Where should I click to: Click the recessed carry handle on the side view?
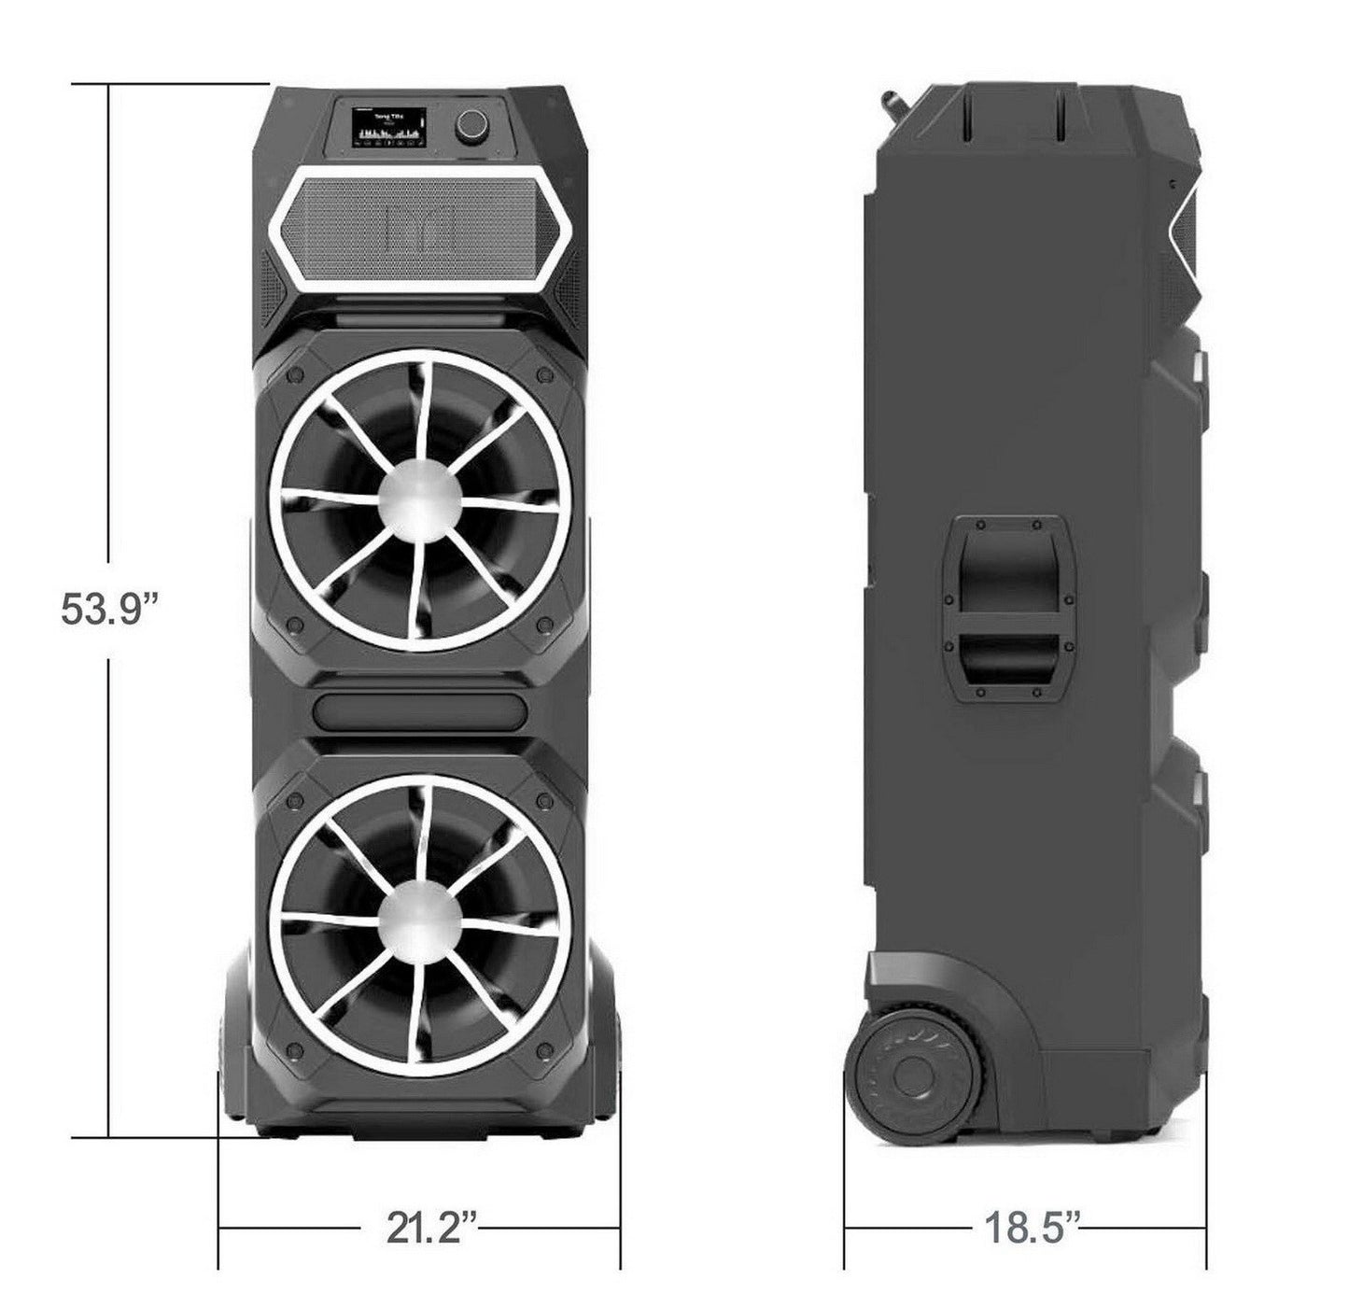(x=1006, y=607)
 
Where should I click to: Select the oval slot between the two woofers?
(x=419, y=710)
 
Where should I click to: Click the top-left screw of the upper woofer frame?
(x=296, y=373)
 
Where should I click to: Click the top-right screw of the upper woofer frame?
(x=543, y=373)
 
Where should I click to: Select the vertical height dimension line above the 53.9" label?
(x=110, y=327)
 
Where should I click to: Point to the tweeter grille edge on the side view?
(x=1187, y=224)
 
